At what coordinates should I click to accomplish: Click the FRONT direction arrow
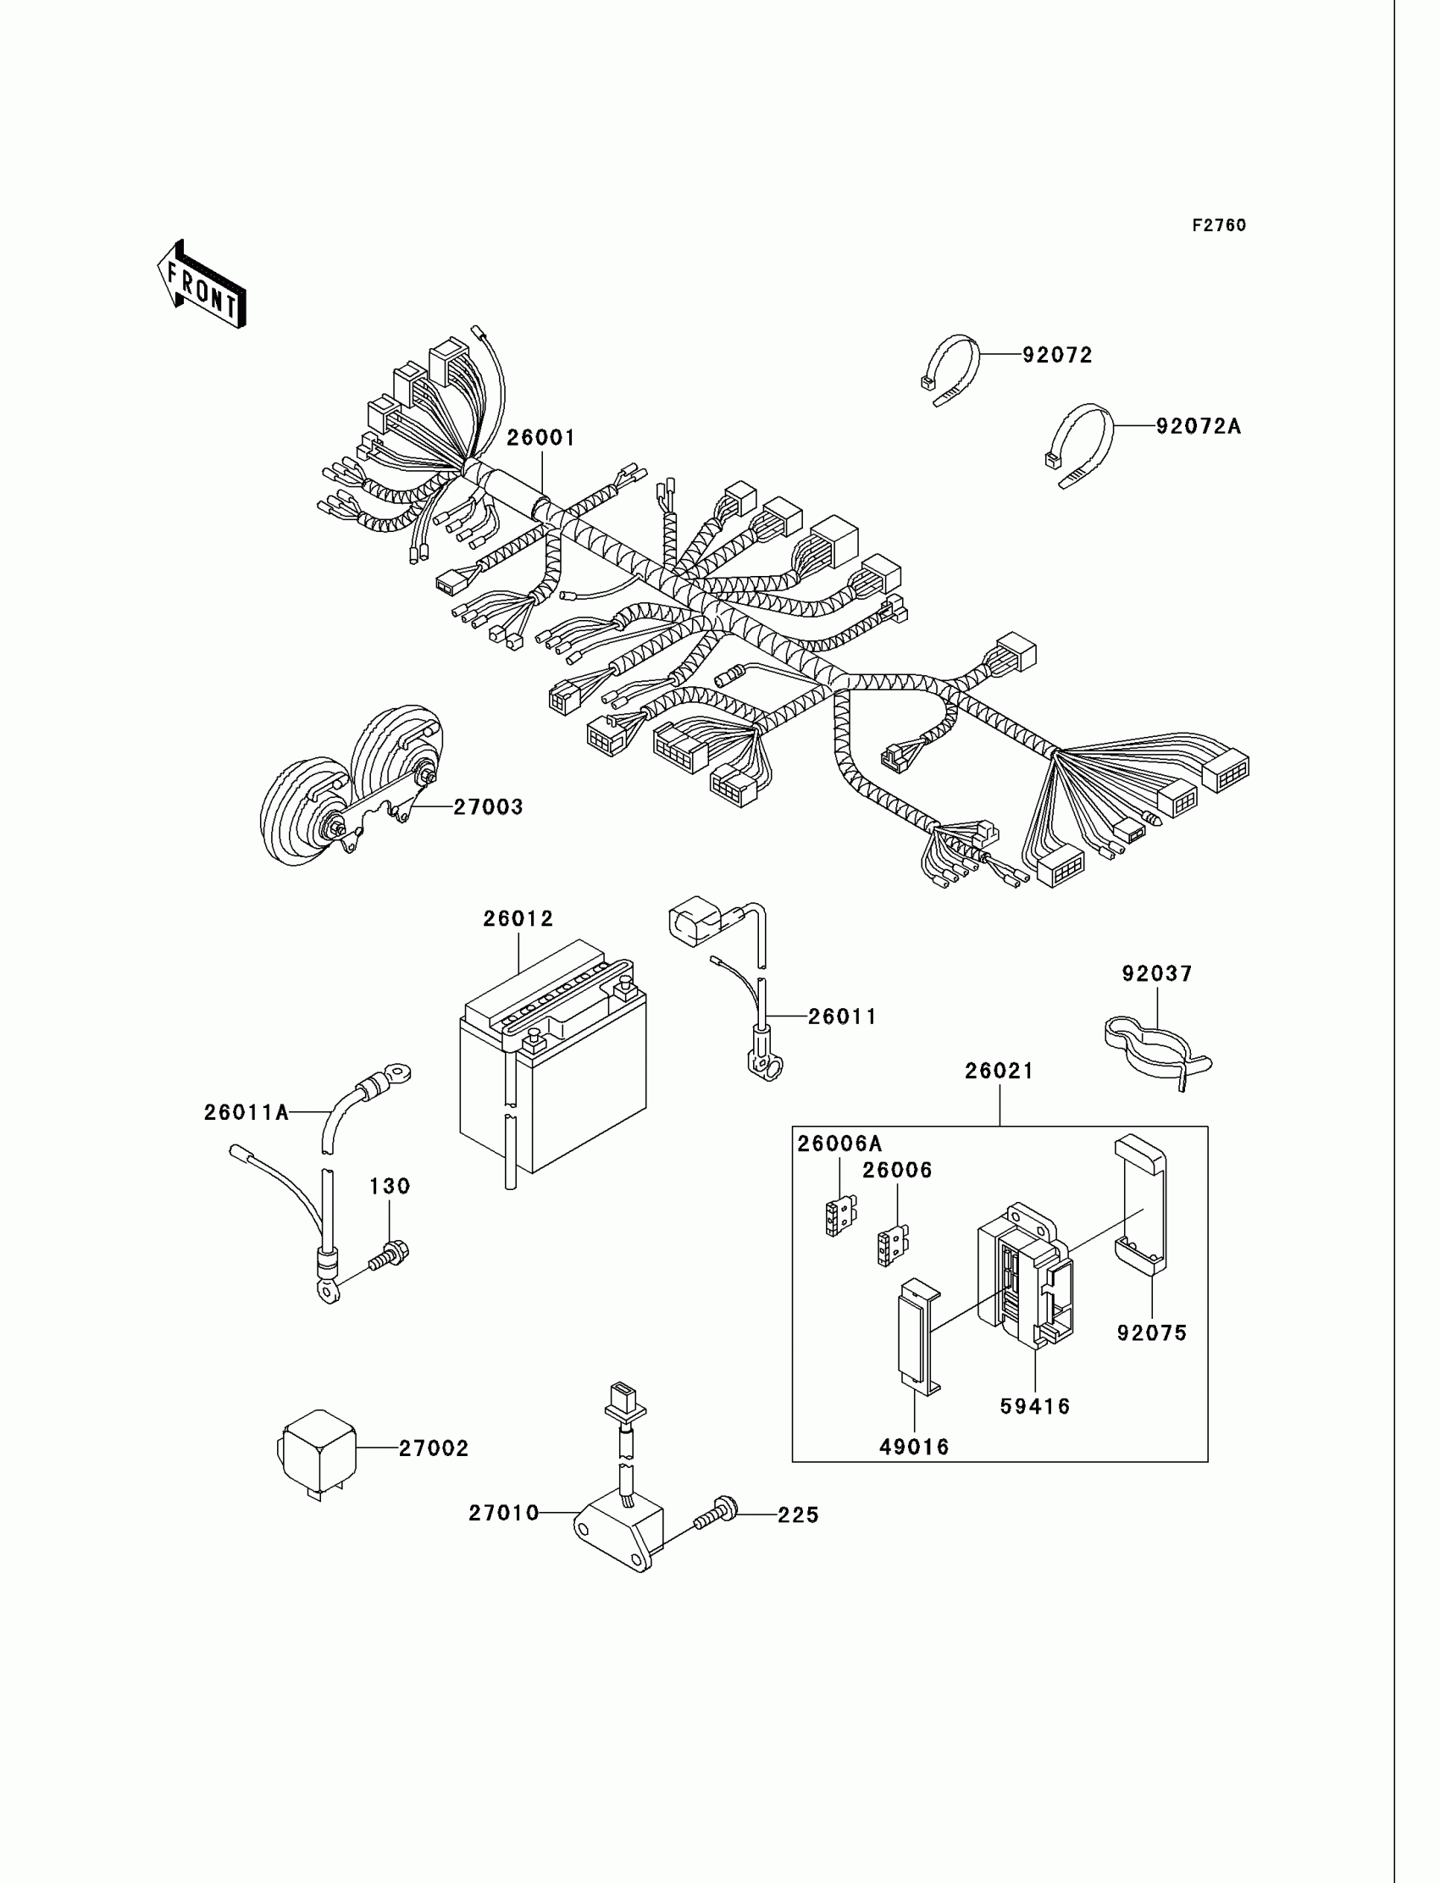(202, 286)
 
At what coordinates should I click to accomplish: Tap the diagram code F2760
(1219, 225)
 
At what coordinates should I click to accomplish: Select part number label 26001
(541, 438)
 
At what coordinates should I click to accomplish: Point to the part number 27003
(488, 806)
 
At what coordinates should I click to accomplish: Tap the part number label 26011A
(246, 1112)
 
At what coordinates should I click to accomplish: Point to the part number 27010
(503, 1514)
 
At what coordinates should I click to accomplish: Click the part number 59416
(1035, 1406)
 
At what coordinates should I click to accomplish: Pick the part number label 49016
(915, 1448)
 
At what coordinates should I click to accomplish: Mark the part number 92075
(1152, 1332)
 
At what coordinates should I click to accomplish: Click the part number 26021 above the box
(1000, 1072)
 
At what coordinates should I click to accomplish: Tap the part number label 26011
(843, 1016)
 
